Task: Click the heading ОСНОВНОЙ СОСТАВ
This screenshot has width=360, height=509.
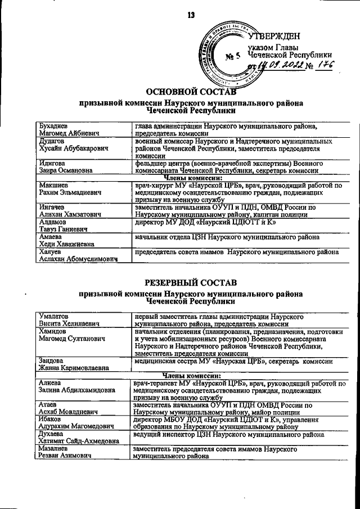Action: [191, 92]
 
